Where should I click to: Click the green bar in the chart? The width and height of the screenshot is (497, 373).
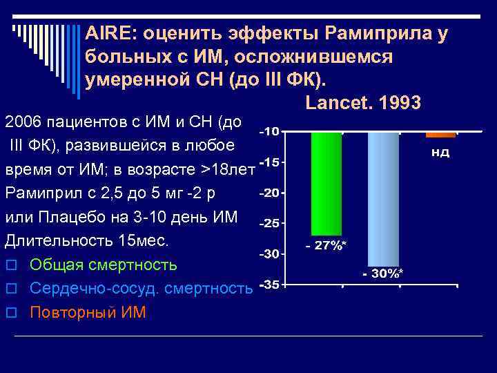pyautogui.click(x=327, y=183)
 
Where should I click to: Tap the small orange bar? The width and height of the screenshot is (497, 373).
pyautogui.click(x=440, y=134)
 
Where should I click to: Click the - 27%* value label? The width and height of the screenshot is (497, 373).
pyautogui.click(x=327, y=245)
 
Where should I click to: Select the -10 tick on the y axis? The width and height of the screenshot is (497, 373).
pyautogui.click(x=269, y=131)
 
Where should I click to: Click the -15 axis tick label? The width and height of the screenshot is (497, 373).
pyautogui.click(x=269, y=162)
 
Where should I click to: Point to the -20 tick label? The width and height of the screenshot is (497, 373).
pyautogui.click(x=269, y=193)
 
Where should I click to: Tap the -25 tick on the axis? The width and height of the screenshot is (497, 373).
pyautogui.click(x=269, y=223)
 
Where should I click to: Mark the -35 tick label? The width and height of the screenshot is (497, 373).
pyautogui.click(x=269, y=285)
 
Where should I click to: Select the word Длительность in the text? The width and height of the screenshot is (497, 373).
pyautogui.click(x=50, y=241)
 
